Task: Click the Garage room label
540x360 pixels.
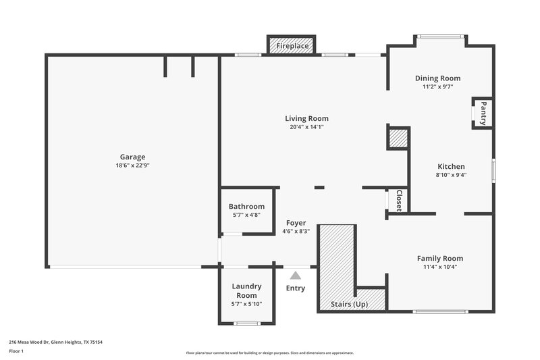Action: [x=133, y=157]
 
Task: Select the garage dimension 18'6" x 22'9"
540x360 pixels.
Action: [x=133, y=165]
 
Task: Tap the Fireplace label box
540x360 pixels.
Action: [x=292, y=46]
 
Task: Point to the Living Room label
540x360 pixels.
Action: [x=306, y=118]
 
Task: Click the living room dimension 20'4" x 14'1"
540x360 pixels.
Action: [x=306, y=127]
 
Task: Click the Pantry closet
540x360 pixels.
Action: [x=483, y=113]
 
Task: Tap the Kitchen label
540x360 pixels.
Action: [x=451, y=166]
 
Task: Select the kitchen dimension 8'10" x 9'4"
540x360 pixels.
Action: [x=451, y=175]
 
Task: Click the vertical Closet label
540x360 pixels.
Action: [x=399, y=201]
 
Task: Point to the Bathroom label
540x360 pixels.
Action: [x=246, y=207]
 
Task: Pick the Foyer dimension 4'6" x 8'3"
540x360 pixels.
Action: [x=296, y=231]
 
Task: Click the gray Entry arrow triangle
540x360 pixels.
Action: [x=296, y=275]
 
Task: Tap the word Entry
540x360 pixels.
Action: [x=296, y=288]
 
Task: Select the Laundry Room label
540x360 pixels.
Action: [x=246, y=291]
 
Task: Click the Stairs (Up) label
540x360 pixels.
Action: [x=349, y=305]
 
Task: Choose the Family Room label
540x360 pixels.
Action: [x=439, y=258]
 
